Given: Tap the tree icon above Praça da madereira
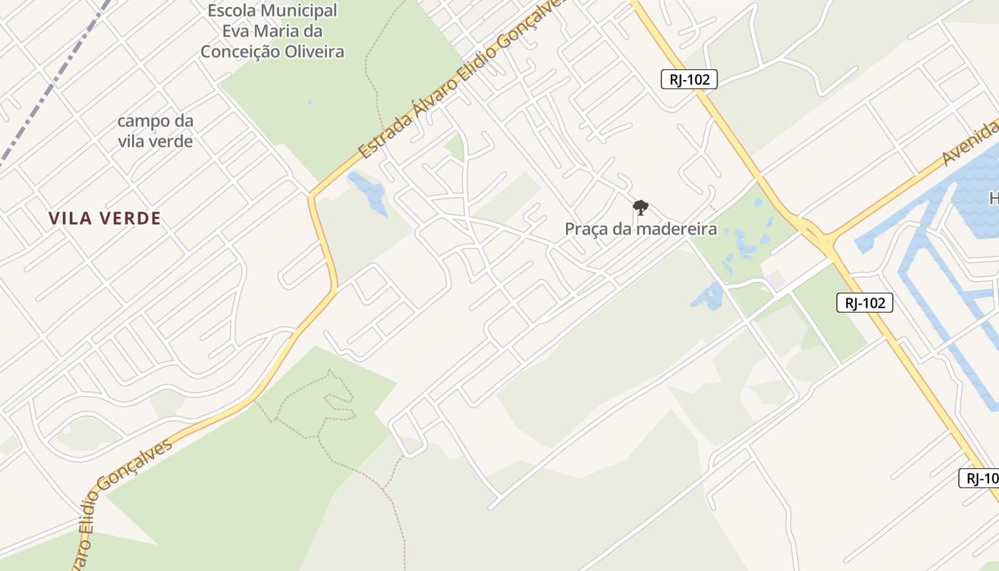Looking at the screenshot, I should tap(640, 208).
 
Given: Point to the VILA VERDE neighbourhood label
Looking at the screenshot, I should tap(105, 218).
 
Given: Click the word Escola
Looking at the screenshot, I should tap(233, 11).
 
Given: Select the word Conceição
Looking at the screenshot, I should tap(238, 51).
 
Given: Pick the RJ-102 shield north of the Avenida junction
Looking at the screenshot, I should tap(689, 79).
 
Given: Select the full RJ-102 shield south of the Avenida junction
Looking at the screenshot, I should tap(864, 303).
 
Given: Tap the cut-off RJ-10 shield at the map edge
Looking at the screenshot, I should tap(980, 478).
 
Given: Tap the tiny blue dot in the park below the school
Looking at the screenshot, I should tap(309, 102).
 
